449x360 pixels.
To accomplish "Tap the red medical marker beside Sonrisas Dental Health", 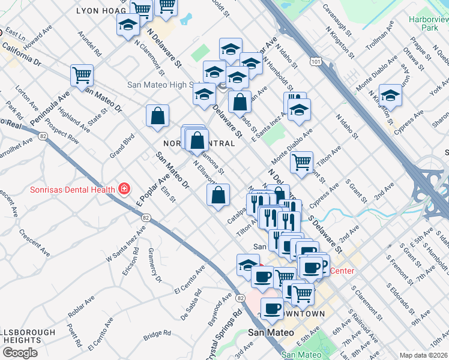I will tap(124, 189).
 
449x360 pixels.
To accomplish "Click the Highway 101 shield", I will tap(315, 61).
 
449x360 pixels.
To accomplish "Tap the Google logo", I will tap(20, 353).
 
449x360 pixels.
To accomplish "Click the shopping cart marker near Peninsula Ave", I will tap(82, 75).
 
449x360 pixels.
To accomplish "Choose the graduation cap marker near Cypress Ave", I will tap(390, 95).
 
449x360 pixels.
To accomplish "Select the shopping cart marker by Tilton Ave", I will tap(301, 161).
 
